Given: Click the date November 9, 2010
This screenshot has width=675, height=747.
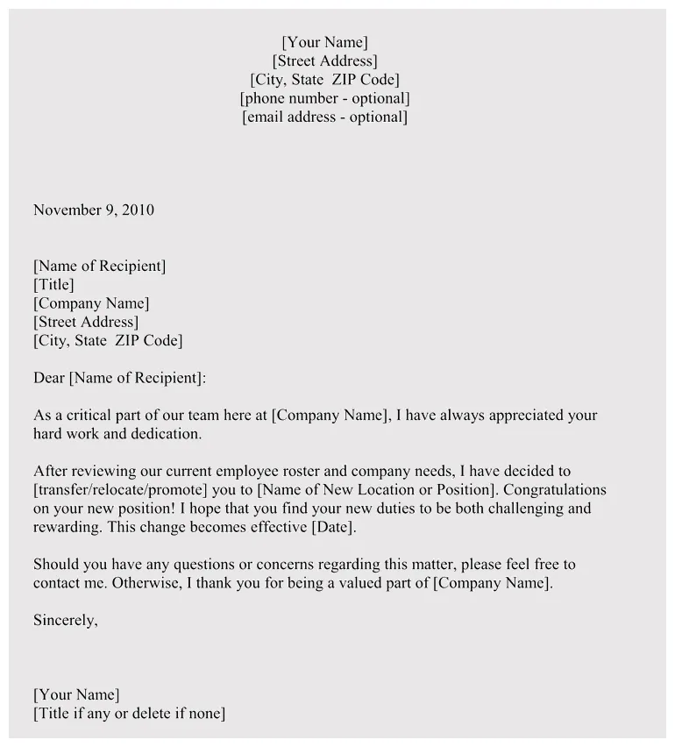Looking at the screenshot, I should [x=94, y=210].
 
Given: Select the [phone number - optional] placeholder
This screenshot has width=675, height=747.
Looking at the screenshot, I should [x=325, y=98].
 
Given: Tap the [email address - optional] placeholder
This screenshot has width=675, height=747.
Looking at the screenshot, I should [x=325, y=117].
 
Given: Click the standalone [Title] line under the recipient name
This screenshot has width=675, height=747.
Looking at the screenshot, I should [x=53, y=284].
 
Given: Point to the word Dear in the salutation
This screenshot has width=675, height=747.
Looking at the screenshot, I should [x=49, y=378].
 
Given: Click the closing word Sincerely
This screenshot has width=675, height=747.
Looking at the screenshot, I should [x=65, y=620].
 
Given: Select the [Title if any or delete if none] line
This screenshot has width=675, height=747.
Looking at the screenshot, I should [x=129, y=713].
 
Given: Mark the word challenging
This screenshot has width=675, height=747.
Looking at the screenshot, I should [x=509, y=509].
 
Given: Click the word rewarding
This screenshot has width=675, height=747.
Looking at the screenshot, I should [x=67, y=527].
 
